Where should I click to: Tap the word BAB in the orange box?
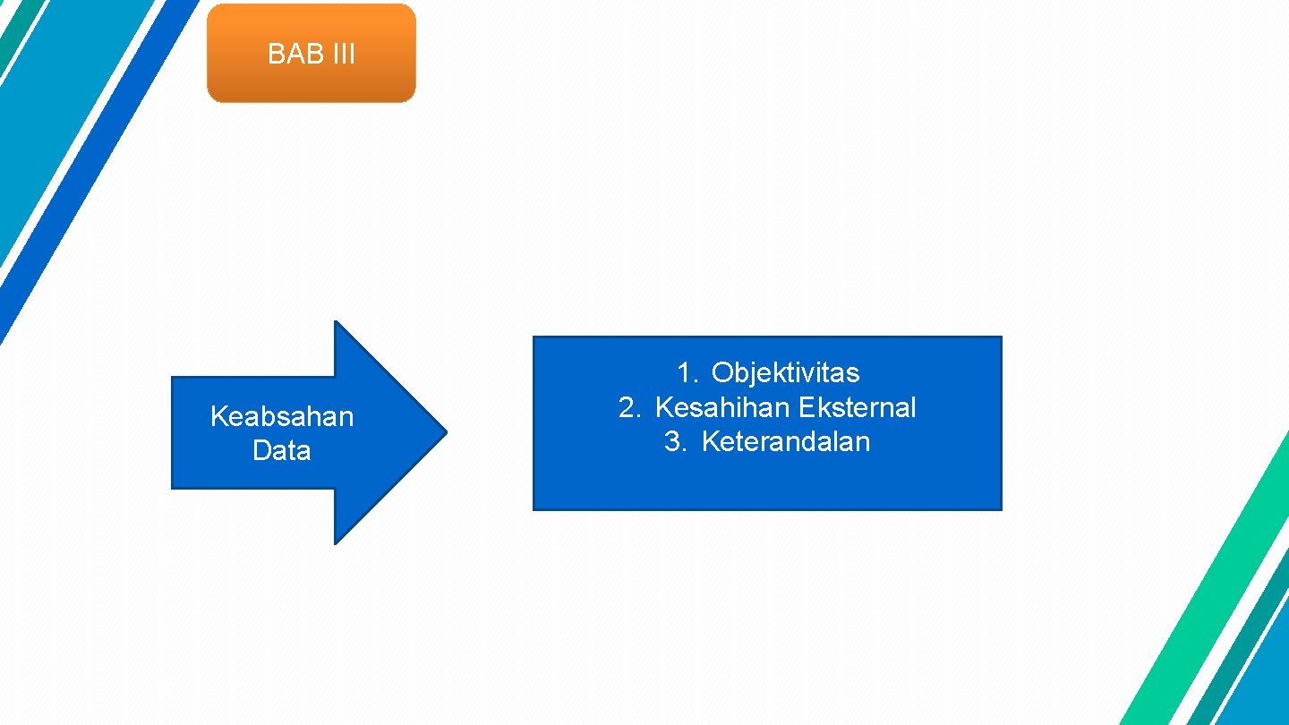[287, 55]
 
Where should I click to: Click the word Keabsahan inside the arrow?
[282, 416]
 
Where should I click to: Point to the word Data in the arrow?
[282, 450]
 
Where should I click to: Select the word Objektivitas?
[785, 372]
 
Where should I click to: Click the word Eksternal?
[857, 407]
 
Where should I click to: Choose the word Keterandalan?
[785, 441]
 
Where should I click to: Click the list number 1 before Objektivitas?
[686, 372]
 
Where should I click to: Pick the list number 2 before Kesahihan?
[629, 407]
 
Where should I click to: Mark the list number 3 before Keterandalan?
[675, 441]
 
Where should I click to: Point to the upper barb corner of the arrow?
[336, 324]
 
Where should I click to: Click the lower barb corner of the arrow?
[336, 541]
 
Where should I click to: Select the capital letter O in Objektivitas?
[722, 372]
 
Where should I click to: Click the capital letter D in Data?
[262, 450]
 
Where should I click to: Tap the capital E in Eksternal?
[805, 407]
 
